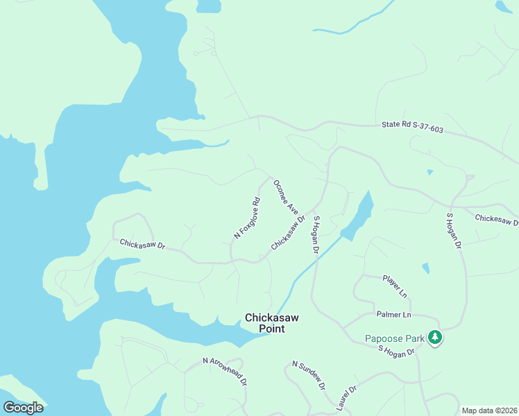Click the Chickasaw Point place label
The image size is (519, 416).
click(271, 323)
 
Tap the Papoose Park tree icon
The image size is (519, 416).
click(435, 338)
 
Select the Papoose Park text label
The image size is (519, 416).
click(395, 339)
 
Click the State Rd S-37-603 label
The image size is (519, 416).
click(412, 127)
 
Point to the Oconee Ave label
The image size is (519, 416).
click(286, 198)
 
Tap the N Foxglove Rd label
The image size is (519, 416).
click(247, 218)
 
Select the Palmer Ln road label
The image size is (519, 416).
click(393, 315)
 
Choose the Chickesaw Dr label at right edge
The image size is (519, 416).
click(497, 219)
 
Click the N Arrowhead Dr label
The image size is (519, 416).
click(225, 371)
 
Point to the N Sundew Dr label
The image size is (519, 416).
click(309, 375)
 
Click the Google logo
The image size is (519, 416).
click(23, 408)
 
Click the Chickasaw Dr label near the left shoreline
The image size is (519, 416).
click(142, 245)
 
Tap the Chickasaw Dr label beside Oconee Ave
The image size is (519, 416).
click(288, 233)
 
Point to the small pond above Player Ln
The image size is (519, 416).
click(425, 268)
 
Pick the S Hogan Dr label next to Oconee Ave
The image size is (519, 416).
click(316, 234)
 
